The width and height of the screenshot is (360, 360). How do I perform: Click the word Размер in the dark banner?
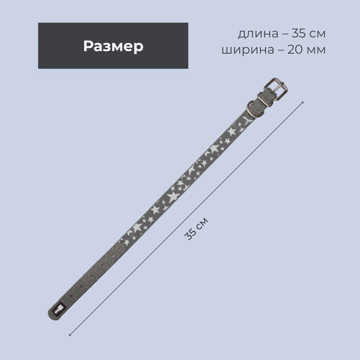(x=113, y=46)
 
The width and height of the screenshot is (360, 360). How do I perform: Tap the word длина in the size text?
(x=258, y=34)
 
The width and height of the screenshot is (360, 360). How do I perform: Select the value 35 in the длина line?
(x=299, y=33)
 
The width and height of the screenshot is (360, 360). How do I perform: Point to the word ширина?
(x=248, y=50)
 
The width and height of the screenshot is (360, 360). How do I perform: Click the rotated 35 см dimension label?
(x=196, y=229)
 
